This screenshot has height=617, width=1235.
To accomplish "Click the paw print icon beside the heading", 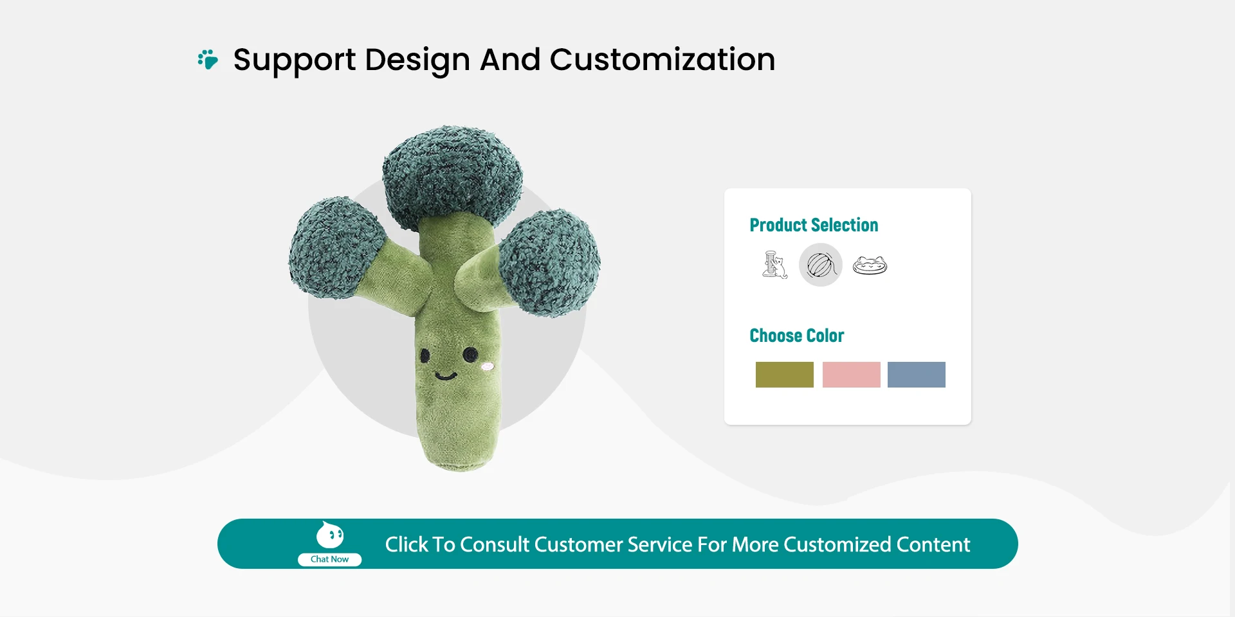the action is pos(208,59).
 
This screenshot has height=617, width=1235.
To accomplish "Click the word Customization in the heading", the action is pos(663,60).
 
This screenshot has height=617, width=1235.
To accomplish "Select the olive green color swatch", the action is pos(785,375).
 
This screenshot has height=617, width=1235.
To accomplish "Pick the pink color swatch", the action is pos(852,375).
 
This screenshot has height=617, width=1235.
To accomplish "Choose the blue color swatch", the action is pos(917,375).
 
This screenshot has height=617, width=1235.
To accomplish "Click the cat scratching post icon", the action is pos(774,265).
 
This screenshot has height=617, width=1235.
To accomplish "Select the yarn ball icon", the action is pos(821,265).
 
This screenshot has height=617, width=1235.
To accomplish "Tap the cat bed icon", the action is pos(870,265).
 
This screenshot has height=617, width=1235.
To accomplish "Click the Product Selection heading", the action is pos(814,225).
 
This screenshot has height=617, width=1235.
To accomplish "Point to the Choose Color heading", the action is pos(797,335).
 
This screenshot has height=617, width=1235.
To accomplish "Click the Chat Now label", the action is pos(329,559).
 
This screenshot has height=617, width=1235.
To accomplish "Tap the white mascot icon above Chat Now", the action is pos(330,535).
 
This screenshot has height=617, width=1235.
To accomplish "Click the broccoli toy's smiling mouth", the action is pos(445,375).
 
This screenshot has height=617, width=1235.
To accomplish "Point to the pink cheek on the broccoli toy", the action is pos(488,366).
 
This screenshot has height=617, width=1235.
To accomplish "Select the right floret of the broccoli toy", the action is pos(550,262).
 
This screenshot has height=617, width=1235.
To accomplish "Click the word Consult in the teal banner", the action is pos(495,544).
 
